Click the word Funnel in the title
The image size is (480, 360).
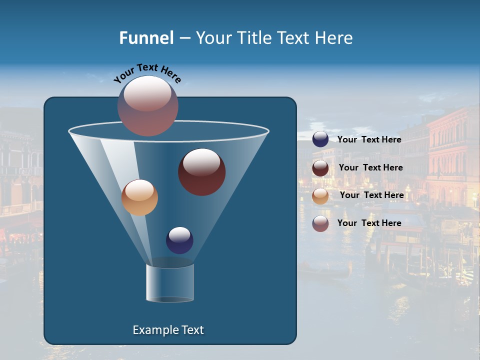[146, 37]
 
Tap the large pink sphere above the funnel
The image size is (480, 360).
[148, 105]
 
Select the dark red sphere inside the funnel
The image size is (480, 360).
[201, 171]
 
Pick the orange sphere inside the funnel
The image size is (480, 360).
[139, 197]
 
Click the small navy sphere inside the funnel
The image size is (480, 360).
[179, 240]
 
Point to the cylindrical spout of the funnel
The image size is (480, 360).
[170, 283]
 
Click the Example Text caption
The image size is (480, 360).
[168, 330]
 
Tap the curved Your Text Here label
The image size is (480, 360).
[147, 73]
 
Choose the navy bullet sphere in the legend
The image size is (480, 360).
[320, 139]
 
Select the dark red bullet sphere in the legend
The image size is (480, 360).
[320, 168]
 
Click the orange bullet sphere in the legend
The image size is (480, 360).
[320, 196]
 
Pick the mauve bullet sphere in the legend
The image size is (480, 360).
[320, 223]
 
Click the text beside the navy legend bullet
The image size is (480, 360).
[369, 139]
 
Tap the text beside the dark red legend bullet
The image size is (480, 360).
[370, 167]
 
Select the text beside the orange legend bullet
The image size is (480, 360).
[371, 195]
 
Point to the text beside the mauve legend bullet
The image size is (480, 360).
[369, 223]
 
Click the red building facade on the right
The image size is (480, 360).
[452, 150]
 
